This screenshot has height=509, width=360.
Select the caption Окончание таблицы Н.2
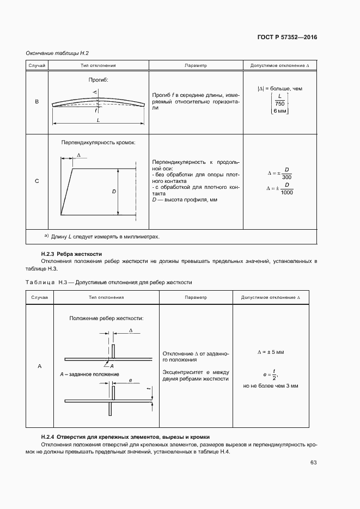57,53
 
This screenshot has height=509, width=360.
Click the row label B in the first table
37,102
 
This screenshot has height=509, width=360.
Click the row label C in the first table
37,181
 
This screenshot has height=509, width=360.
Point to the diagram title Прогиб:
99,79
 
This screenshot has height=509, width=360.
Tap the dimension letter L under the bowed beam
98,120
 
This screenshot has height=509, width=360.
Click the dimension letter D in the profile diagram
114,192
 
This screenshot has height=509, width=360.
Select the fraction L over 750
280,100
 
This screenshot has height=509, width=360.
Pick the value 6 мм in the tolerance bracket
280,111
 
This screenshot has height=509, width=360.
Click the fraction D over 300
286,173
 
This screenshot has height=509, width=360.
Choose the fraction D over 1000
286,188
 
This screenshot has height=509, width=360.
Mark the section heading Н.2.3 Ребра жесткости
71,254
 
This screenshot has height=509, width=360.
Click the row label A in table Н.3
40,366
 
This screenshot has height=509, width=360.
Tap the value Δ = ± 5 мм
271,352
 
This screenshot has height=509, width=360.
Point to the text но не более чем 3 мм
271,385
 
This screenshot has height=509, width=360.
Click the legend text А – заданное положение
89,375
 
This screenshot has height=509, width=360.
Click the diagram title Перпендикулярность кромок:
99,143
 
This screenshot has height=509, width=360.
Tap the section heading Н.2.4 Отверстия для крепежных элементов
125,437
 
